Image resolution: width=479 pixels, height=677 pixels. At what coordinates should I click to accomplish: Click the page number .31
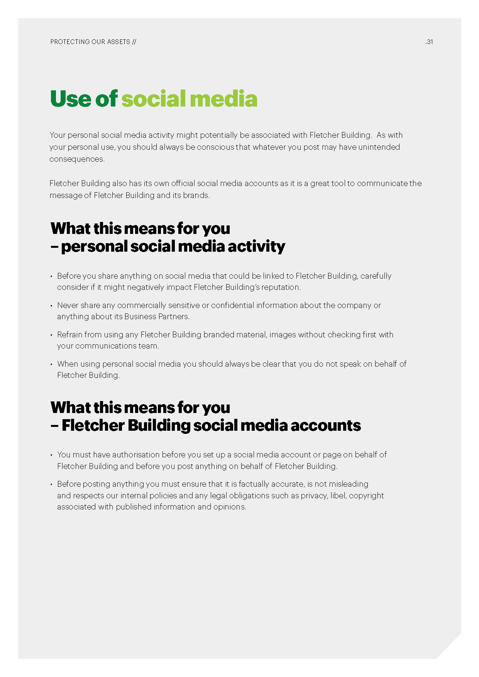point(429,42)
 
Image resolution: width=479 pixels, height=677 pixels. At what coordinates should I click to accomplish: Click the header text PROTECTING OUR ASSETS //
point(93,42)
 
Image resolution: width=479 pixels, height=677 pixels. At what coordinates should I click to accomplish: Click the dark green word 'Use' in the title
point(71,99)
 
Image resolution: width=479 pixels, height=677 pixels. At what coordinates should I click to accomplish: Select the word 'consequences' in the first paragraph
point(76,159)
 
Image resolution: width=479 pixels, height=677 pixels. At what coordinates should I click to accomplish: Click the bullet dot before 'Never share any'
point(51,306)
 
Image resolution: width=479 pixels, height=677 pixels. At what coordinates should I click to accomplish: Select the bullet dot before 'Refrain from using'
point(51,335)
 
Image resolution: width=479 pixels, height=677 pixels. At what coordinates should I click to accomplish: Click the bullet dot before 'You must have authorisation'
point(51,455)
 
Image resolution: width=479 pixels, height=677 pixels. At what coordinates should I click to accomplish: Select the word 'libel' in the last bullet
point(338,496)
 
